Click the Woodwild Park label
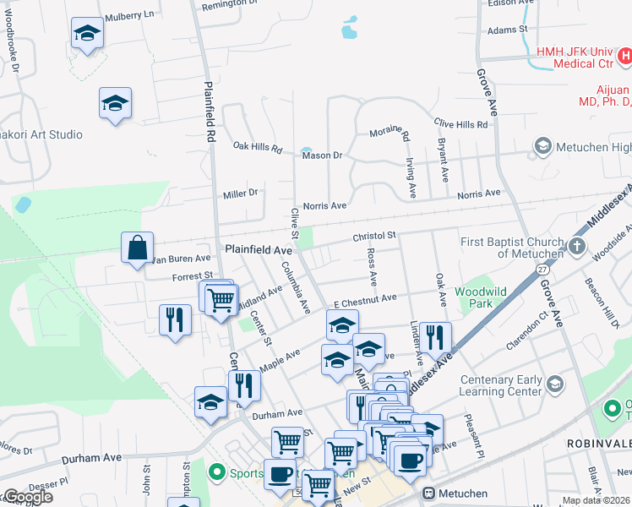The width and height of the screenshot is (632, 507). coord(480,297)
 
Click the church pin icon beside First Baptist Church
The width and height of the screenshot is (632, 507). coord(577,246)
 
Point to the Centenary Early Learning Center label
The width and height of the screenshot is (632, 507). coord(500,386)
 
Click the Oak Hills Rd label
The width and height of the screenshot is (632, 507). coord(257,147)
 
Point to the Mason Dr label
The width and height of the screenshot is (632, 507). coord(321,155)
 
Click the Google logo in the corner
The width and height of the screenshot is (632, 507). coord(28,497)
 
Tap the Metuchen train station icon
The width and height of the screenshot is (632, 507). coord(428,493)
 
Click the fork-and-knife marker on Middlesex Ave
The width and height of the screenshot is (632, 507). coord(435,337)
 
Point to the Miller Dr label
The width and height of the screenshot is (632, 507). coord(240,194)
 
